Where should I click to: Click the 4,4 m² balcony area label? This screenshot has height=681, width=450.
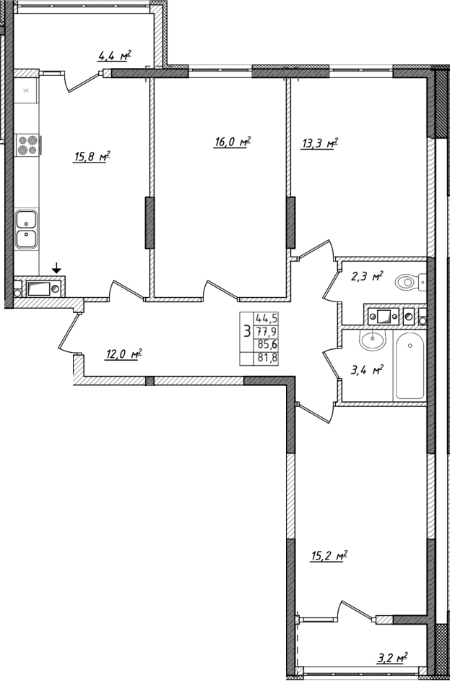pos(114,55)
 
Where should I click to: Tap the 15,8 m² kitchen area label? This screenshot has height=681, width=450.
pos(91,155)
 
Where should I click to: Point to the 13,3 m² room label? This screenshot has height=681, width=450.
pos(319,143)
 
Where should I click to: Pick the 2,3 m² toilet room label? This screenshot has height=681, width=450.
pos(367,276)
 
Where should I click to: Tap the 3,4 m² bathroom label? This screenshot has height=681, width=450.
pos(366,370)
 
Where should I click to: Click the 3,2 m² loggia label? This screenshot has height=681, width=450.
pos(391,658)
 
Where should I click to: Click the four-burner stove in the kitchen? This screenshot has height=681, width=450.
pos(27,145)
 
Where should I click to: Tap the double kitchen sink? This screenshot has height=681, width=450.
pos(27,228)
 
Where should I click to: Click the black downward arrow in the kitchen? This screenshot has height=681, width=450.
pos(56,269)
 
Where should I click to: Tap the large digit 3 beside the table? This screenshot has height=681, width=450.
pos(248,332)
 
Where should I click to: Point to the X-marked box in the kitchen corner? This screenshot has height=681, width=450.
pos(26,91)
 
